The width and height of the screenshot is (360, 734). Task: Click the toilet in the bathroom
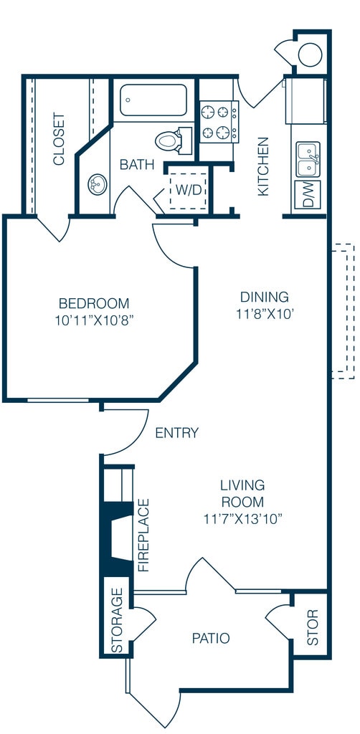pyautogui.click(x=174, y=140)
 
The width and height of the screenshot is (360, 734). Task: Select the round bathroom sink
pyautogui.click(x=98, y=184)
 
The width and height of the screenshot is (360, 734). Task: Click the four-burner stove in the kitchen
pyautogui.click(x=219, y=122)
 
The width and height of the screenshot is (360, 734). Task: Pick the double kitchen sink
pyautogui.click(x=308, y=159)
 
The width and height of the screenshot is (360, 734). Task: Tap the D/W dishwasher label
pyautogui.click(x=308, y=194)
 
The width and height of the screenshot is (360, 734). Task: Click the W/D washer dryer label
pyautogui.click(x=188, y=191)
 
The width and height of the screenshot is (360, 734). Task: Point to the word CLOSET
pyautogui.click(x=59, y=138)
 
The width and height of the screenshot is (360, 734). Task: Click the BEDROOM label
pyautogui.click(x=94, y=303)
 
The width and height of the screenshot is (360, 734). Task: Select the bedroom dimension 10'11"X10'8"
pyautogui.click(x=94, y=320)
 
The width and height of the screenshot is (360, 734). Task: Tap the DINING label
pyautogui.click(x=265, y=297)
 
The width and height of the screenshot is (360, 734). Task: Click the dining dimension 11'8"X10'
pyautogui.click(x=265, y=314)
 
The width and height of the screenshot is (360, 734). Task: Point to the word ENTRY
pyautogui.click(x=177, y=433)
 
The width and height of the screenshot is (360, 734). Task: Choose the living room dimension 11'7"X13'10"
pyautogui.click(x=243, y=519)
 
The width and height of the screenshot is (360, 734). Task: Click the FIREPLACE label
pyautogui.click(x=143, y=535)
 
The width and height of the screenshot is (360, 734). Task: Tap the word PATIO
pyautogui.click(x=211, y=638)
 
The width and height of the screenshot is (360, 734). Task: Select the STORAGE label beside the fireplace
pyautogui.click(x=117, y=620)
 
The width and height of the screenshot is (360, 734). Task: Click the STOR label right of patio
pyautogui.click(x=312, y=627)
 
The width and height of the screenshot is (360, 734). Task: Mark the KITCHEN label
pyautogui.click(x=264, y=166)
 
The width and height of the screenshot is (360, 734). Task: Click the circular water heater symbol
pyautogui.click(x=310, y=54)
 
